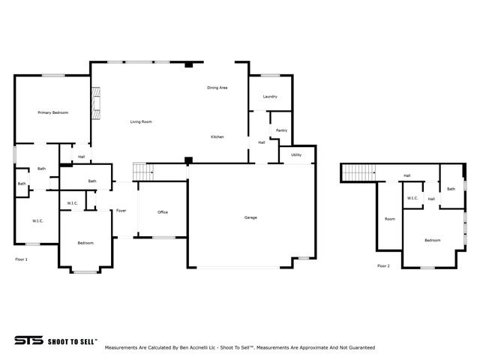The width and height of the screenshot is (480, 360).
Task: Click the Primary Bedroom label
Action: click(x=53, y=112)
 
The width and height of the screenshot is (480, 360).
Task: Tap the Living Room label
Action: click(x=141, y=121)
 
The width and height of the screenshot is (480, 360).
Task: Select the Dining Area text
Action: click(x=217, y=88)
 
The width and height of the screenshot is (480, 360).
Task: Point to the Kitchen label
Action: click(x=217, y=136)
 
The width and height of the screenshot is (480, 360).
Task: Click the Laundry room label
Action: click(x=270, y=97)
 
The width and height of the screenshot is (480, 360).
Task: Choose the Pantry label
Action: click(x=282, y=130)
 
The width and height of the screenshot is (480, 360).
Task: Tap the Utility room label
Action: click(x=296, y=155)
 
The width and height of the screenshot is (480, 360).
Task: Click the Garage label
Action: click(x=250, y=217)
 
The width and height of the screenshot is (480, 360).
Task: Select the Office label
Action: click(x=163, y=212)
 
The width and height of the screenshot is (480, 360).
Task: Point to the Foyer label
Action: click(x=121, y=211)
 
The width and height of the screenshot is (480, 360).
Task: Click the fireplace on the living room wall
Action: click(x=96, y=103)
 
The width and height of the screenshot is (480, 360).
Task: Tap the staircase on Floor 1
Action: click(x=143, y=172)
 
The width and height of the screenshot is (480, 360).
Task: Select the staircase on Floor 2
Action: click(x=358, y=173)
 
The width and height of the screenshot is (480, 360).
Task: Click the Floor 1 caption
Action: click(x=22, y=259)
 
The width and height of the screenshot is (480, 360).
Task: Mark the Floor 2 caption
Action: click(x=383, y=266)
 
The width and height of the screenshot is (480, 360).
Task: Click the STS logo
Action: click(x=28, y=340)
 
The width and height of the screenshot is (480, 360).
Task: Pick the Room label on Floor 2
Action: click(x=390, y=219)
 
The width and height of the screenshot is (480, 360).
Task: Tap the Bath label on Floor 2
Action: click(x=451, y=189)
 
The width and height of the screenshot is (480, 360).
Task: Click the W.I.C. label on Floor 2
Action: click(x=412, y=198)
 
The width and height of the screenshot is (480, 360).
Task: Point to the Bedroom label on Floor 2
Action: click(x=433, y=240)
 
